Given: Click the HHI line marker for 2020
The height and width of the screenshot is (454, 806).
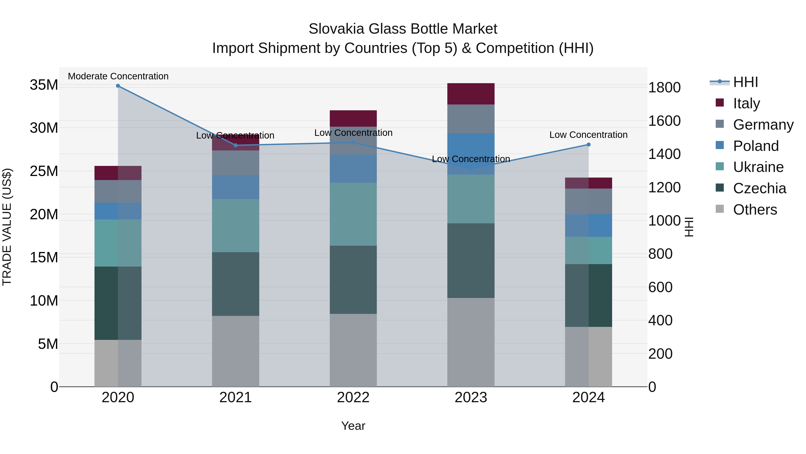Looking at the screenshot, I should [x=118, y=86].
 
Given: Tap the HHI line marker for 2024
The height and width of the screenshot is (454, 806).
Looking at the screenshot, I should [x=589, y=145].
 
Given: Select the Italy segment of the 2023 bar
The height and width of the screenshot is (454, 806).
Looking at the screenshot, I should [x=471, y=94].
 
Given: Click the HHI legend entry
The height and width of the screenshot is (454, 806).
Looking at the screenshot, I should [x=745, y=82].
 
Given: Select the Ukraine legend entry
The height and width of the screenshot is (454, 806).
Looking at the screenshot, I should [x=758, y=167].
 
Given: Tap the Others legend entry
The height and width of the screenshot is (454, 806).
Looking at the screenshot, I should [x=755, y=210].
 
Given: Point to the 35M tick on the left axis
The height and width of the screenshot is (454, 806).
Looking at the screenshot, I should [x=44, y=85].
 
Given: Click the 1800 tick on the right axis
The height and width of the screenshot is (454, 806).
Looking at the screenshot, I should [x=664, y=87].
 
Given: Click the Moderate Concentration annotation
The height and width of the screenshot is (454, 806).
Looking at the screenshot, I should [x=118, y=76].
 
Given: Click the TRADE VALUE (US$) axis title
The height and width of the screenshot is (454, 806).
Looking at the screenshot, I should [x=7, y=227].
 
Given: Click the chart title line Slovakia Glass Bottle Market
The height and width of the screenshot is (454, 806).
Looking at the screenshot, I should [x=403, y=29].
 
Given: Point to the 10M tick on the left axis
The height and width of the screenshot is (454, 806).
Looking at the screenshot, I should [x=44, y=301].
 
